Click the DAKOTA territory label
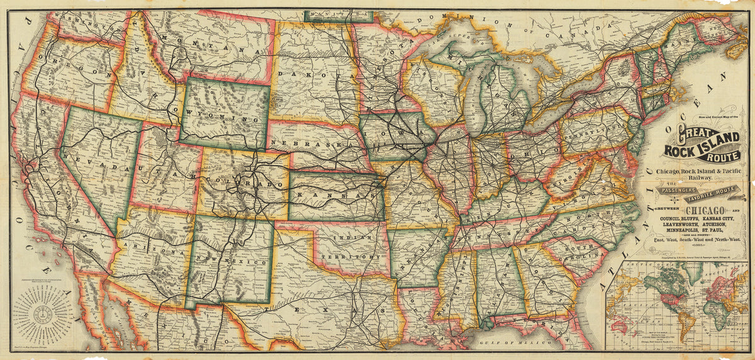(x=315, y=75)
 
